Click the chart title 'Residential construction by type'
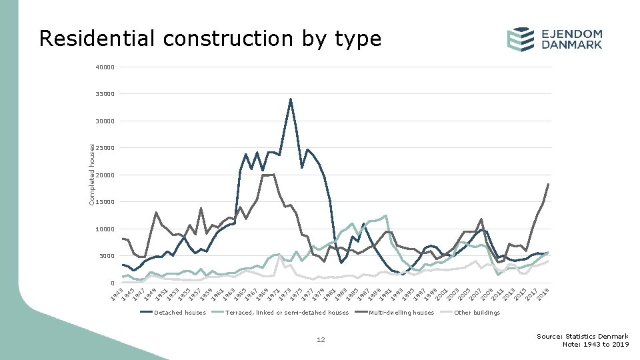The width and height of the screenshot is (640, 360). (x=210, y=39)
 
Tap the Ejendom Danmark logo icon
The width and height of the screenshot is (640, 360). (x=520, y=39)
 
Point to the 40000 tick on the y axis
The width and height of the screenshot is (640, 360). (x=105, y=67)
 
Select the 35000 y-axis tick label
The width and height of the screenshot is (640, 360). (x=105, y=95)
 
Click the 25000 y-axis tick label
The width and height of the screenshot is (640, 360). (x=105, y=148)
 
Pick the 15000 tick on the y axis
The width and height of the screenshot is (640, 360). (x=105, y=202)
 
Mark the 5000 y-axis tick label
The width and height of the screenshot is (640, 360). (x=107, y=256)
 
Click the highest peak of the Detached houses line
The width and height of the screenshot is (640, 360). (x=291, y=99)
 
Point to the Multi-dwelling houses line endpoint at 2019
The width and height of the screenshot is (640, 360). (x=548, y=184)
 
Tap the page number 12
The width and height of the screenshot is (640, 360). (x=321, y=340)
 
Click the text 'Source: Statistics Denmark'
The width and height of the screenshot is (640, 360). (x=582, y=336)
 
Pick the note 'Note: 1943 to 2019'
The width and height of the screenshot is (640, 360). (x=595, y=345)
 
